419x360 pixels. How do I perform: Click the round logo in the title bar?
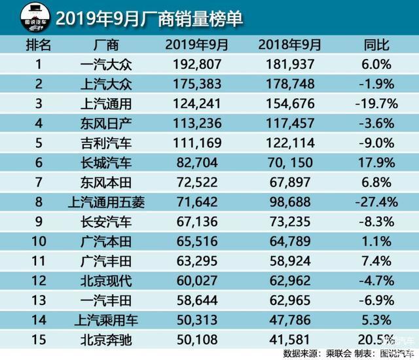point(35,18)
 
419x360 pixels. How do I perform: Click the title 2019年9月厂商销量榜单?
point(149,19)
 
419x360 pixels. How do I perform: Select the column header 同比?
point(376,45)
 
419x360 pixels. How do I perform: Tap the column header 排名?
point(39,45)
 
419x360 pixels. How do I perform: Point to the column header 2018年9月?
point(289,45)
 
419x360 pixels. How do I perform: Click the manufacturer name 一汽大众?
point(106,64)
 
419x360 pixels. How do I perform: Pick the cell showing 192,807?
point(197,64)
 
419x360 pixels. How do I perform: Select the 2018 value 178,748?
point(290,84)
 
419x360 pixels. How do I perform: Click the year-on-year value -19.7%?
point(376,103)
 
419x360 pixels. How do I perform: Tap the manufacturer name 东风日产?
point(106,124)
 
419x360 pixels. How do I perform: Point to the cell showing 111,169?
point(197,143)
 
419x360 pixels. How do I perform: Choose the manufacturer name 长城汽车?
point(106,162)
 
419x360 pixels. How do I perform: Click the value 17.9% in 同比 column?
point(376,162)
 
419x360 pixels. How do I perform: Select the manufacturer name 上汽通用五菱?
point(106,202)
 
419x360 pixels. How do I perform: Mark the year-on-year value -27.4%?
point(376,202)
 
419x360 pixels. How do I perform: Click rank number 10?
point(39,242)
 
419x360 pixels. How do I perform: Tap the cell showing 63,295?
point(197,261)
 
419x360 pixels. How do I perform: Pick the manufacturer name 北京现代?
point(106,281)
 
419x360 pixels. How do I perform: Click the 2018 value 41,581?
point(290,340)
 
